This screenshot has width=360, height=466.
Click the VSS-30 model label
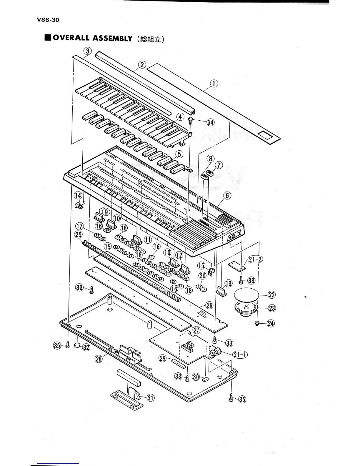[x=48, y=20]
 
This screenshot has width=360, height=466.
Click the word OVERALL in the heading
[x=71, y=38]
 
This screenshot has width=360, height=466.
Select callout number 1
[x=214, y=84]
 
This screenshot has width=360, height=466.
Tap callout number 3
[x=87, y=51]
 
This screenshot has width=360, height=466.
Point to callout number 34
[x=210, y=122]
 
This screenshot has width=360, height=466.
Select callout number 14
[x=78, y=195]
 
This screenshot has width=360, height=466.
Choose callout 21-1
[x=240, y=355]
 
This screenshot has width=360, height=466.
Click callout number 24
[x=271, y=323]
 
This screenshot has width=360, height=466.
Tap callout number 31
[x=151, y=398]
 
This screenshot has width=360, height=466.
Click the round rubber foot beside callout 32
[x=77, y=345]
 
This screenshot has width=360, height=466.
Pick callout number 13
[x=229, y=284]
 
